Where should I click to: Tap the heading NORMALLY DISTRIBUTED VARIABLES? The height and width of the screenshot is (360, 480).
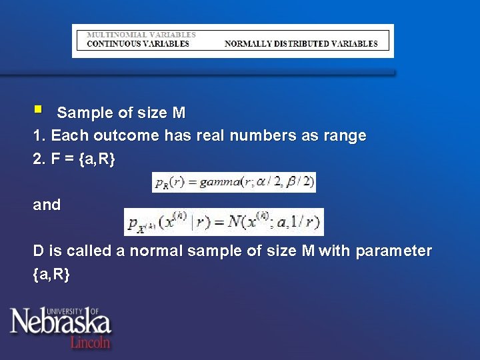point(301,44)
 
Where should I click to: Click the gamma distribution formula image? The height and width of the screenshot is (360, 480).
point(234,183)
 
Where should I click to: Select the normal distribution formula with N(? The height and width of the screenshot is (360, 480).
point(224,222)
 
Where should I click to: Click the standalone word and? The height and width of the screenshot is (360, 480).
point(47,205)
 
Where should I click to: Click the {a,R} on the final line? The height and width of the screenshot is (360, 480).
point(51,274)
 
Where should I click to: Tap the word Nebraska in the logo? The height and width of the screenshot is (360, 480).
point(60,323)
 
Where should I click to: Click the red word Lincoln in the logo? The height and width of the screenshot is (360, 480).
point(91,341)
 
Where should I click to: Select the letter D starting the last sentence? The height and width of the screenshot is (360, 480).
point(39,251)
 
